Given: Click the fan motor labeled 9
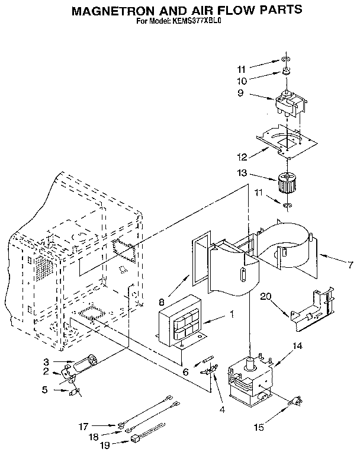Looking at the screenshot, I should pos(290,104).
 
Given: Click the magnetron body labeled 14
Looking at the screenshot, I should pos(250,380).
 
